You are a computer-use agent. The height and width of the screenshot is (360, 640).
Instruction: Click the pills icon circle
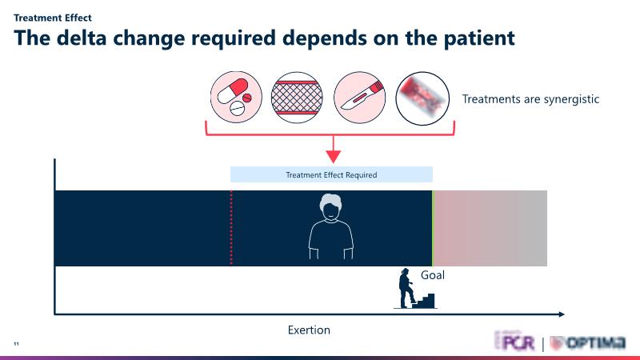coord(238,98)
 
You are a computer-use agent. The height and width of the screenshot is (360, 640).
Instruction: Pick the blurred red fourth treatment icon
coord(422,98)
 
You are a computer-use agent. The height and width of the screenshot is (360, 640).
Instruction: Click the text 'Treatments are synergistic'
coord(530,99)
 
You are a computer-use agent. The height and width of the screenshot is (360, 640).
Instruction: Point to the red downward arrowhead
coord(331,154)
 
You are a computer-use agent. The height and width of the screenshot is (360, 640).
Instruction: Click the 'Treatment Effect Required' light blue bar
coord(331,174)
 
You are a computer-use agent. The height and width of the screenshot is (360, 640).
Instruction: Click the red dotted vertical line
coord(231,228)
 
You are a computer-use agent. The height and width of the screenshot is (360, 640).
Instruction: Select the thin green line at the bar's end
coord(432,228)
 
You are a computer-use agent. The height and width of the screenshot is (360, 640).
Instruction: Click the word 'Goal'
coord(433,275)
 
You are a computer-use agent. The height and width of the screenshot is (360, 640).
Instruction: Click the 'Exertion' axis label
coord(309,330)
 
